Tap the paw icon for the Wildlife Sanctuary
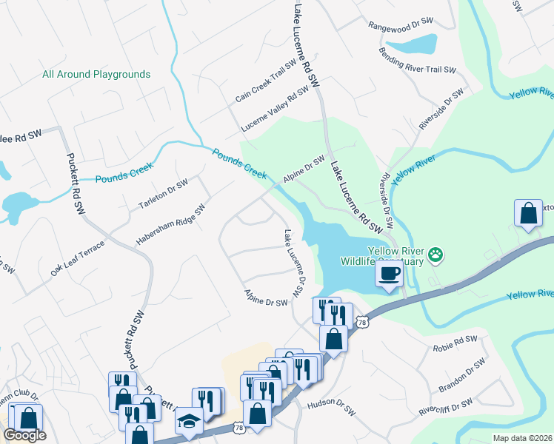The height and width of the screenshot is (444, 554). pyautogui.click(x=436, y=255)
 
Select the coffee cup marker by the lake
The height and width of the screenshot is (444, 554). pyautogui.click(x=389, y=275)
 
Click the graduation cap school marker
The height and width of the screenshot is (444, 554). pyautogui.click(x=188, y=421)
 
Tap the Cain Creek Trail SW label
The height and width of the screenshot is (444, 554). pyautogui.click(x=266, y=87)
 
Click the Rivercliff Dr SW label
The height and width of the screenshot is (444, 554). pyautogui.click(x=446, y=406)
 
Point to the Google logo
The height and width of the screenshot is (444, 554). pyautogui.click(x=24, y=435)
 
